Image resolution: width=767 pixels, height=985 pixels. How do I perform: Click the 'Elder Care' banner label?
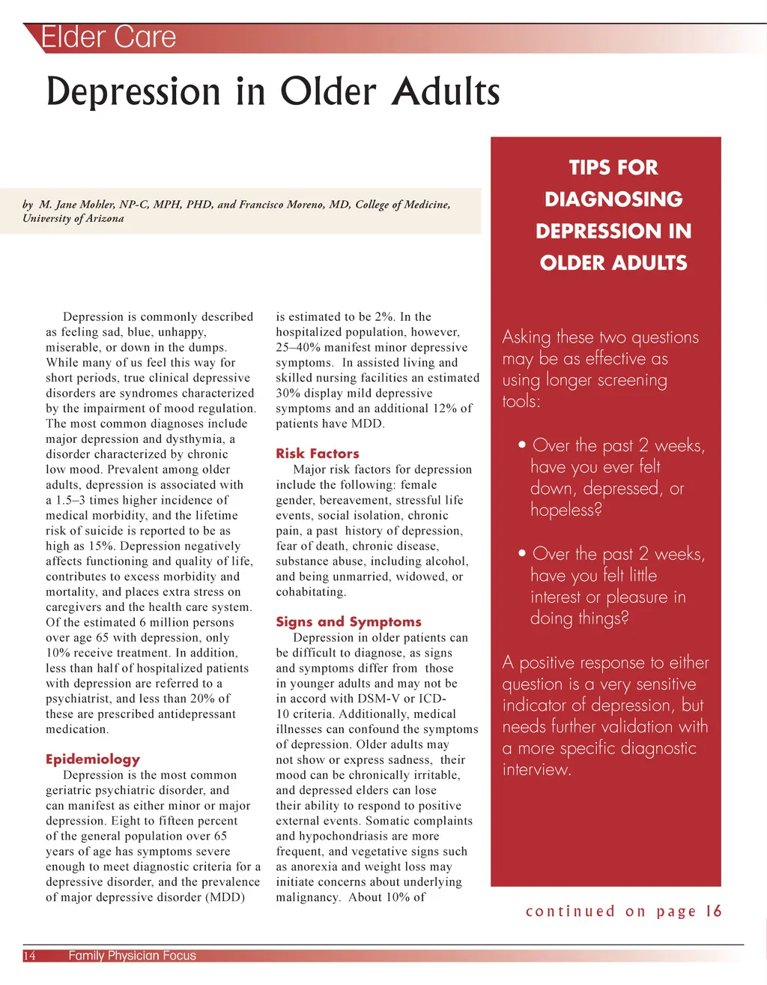(x=109, y=37)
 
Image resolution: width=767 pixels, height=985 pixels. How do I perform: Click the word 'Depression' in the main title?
(x=134, y=92)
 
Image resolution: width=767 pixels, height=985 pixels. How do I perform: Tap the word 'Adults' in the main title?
(x=446, y=91)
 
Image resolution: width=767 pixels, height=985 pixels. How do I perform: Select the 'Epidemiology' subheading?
(x=93, y=759)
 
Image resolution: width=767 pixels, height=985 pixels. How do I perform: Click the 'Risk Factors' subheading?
(x=318, y=454)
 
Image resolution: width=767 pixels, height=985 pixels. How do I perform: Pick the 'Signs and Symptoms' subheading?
(x=348, y=621)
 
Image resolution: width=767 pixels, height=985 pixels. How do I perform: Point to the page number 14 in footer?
(x=29, y=956)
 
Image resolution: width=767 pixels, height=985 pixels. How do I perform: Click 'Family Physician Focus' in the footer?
(x=132, y=956)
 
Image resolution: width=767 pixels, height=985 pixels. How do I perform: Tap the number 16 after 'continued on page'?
(x=714, y=911)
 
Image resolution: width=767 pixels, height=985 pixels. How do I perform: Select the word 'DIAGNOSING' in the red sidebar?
(x=613, y=199)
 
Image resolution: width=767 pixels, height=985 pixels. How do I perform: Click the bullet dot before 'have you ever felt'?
(x=522, y=445)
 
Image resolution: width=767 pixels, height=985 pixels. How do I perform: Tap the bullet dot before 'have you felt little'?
(x=522, y=554)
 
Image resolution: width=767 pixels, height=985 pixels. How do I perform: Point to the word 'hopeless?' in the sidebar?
(x=566, y=510)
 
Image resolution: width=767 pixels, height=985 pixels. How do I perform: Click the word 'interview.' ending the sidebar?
(x=536, y=770)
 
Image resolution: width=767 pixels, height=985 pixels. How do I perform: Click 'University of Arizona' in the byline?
(x=73, y=219)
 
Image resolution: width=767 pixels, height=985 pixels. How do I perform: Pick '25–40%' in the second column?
(x=297, y=348)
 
